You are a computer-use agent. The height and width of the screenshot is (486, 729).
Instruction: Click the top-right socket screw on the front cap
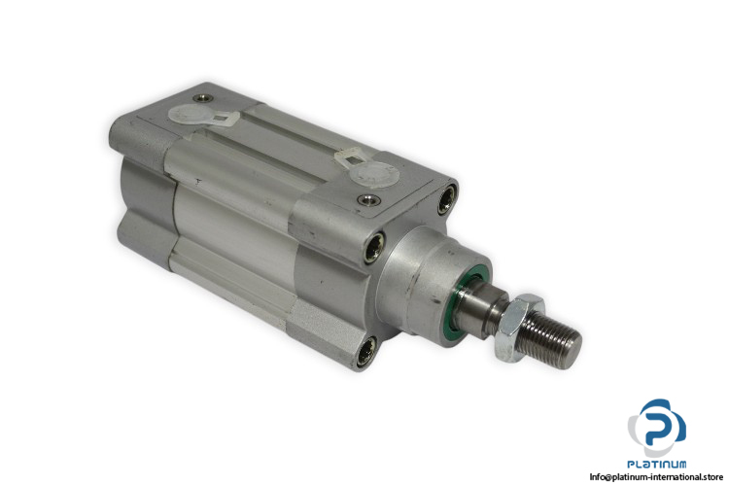pyautogui.click(x=447, y=199)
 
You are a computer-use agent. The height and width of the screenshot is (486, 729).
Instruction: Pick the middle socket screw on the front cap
pyautogui.click(x=373, y=248)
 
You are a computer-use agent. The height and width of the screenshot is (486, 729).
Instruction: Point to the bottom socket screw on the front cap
pyautogui.click(x=365, y=352)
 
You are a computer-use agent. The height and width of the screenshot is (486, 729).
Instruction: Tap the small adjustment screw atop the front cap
pyautogui.click(x=369, y=200)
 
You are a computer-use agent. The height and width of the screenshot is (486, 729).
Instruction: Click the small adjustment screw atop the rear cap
pyautogui.click(x=203, y=98)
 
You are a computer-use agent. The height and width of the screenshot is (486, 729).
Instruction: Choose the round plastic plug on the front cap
pyautogui.click(x=374, y=174)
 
